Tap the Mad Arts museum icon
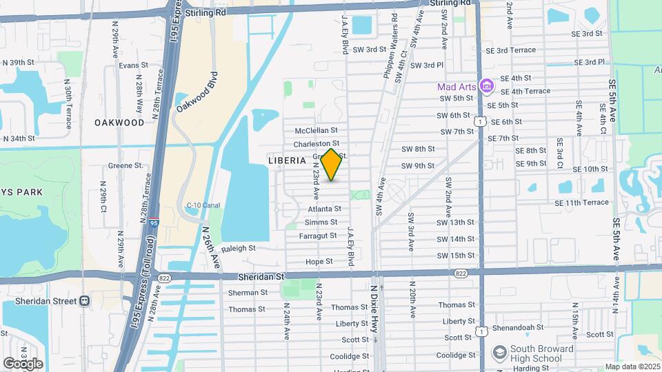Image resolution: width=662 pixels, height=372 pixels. coord(487,87)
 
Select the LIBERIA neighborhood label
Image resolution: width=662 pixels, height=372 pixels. coord(286,160)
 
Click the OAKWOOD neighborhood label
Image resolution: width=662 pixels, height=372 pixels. coord(119,123)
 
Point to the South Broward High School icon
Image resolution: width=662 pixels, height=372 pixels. coord(499,353)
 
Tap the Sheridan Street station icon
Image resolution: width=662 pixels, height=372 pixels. coord(85,300)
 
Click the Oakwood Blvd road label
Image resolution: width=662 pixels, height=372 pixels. coord(197,93)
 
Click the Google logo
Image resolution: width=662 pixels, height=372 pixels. coord(23,363)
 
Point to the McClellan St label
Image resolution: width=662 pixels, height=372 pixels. coord(315,130)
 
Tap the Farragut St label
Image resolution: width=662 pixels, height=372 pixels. coord(318,236)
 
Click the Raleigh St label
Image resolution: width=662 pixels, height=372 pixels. coord(239,248)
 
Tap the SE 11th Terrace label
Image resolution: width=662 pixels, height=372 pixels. coord(581,203)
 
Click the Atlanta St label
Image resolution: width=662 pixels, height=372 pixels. coord(324,208)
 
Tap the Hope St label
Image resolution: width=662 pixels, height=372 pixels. coord(319,262)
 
